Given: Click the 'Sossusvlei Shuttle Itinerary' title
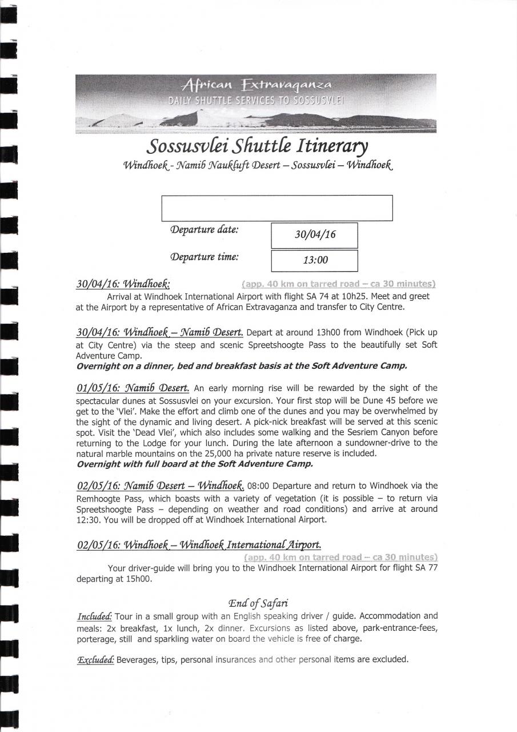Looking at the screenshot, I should [257, 147].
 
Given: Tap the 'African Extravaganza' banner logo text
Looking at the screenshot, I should [255, 86].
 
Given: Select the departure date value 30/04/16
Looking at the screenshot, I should [314, 236].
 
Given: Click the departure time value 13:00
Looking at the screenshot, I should [314, 261].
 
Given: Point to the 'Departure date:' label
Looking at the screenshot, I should [204, 230].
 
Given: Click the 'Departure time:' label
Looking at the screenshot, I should [204, 257].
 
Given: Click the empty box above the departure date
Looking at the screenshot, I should [277, 208].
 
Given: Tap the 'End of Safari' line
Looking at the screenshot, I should [258, 603].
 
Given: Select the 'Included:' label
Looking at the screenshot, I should [95, 616].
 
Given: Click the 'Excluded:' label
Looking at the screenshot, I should [95, 659].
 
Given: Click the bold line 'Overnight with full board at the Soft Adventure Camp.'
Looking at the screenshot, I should [194, 464].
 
